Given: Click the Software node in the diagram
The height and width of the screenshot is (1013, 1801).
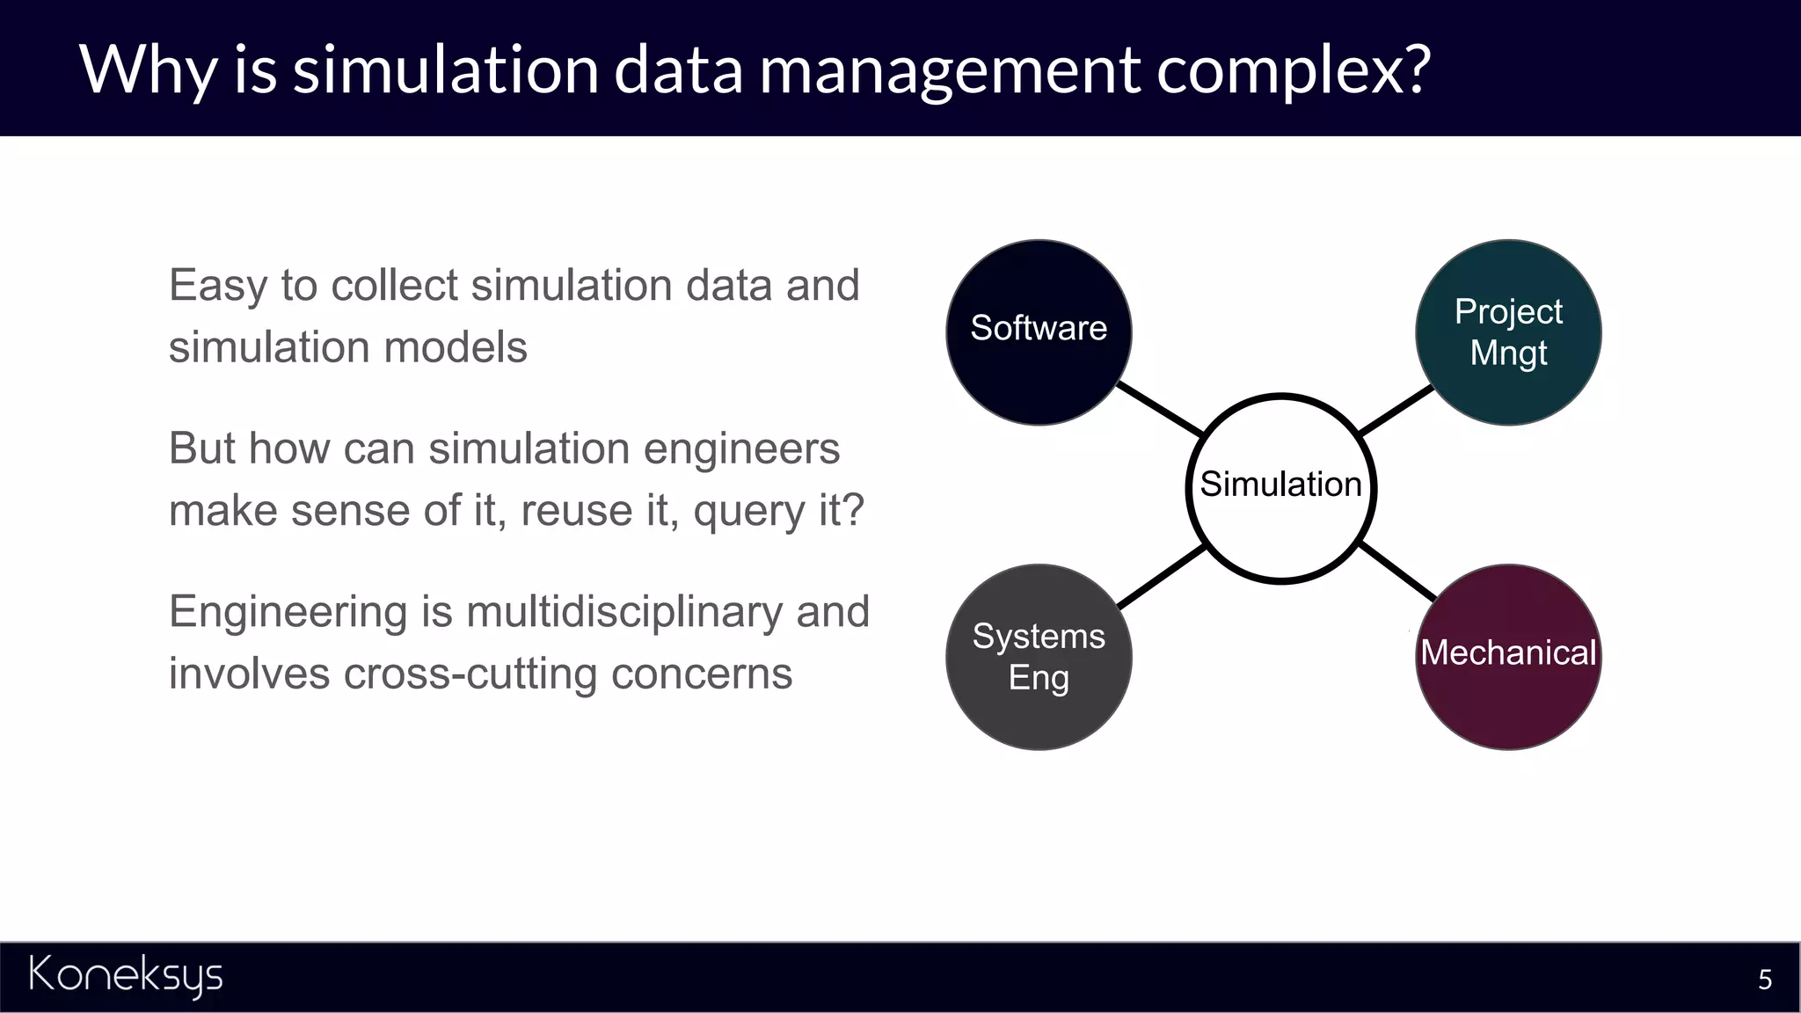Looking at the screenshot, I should [1039, 332].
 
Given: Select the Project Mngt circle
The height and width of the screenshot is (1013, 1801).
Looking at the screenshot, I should [1508, 332].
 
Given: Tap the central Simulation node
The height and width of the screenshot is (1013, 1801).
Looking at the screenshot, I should [1281, 487].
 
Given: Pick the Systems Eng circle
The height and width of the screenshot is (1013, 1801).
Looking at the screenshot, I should [1039, 657].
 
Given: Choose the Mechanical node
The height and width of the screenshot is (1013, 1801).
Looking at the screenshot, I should [1508, 657].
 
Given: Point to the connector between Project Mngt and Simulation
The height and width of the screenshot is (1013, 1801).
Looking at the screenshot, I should [1396, 410].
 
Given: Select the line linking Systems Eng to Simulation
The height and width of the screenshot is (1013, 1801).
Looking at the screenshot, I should [1161, 577].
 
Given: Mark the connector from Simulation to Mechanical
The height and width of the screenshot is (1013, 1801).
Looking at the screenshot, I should [1398, 572].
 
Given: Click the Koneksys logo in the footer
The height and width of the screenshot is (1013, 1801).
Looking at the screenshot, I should [126, 975].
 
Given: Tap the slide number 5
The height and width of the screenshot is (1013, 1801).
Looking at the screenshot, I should [1764, 980].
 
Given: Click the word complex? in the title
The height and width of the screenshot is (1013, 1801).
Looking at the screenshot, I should [1294, 69].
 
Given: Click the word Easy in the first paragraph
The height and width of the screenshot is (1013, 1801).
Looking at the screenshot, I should [217, 286].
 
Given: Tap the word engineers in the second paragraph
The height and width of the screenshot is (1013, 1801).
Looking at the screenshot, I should [740, 448].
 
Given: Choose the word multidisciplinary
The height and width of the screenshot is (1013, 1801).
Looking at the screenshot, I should [624, 612].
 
